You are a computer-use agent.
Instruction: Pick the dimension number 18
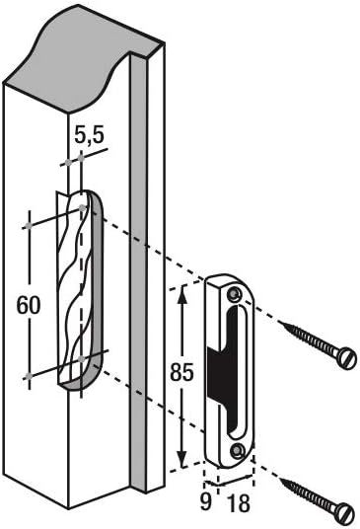pos(237,502)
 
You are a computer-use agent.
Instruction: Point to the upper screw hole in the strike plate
pos(233,295)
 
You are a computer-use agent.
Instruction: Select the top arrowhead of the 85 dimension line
pos(181,292)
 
